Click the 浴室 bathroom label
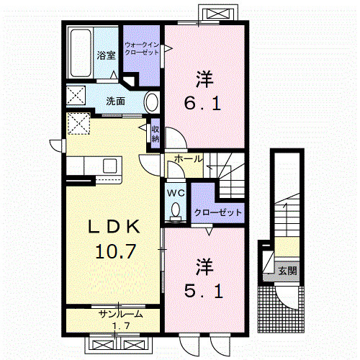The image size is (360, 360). click(x=106, y=55)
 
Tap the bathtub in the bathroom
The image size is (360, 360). click(x=81, y=53)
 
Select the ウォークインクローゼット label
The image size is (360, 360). click(x=142, y=48)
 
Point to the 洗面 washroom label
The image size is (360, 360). click(x=115, y=102)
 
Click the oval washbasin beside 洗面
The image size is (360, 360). click(x=152, y=102)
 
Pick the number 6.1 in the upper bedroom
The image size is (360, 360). click(x=202, y=104)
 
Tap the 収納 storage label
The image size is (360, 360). click(x=156, y=134)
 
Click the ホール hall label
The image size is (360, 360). click(x=189, y=158)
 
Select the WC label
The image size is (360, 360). click(x=176, y=193)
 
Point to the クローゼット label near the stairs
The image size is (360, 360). click(x=218, y=212)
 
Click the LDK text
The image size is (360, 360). click(x=114, y=227)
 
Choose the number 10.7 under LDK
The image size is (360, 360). click(x=116, y=251)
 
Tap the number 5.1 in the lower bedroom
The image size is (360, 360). click(x=204, y=292)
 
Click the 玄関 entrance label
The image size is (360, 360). click(x=287, y=271)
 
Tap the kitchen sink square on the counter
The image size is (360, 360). click(x=109, y=166)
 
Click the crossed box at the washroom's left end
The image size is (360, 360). click(x=76, y=95)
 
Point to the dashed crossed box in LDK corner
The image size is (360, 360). click(x=78, y=123)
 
